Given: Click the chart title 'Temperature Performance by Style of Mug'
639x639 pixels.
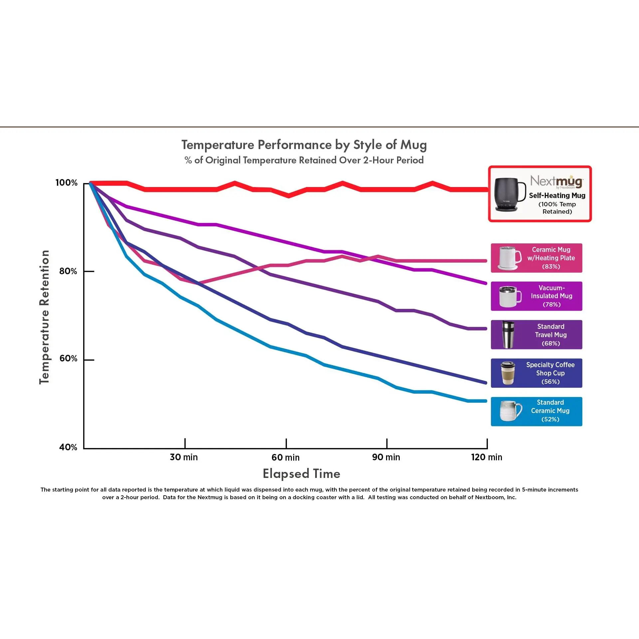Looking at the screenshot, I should [304, 145].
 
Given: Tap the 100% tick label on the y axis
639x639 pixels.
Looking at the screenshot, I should [66, 183].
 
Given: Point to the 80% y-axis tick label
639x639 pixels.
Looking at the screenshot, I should [68, 271].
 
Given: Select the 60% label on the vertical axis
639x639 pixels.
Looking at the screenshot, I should [68, 358].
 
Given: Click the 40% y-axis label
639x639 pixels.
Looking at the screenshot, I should [68, 447].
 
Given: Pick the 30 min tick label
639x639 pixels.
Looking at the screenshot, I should [184, 457].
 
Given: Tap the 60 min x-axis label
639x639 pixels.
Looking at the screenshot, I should [286, 457].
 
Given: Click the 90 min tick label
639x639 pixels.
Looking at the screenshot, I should [386, 457].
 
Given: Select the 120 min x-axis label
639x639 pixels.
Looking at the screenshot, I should [487, 457].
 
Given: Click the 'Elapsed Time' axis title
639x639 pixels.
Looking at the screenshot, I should [302, 474].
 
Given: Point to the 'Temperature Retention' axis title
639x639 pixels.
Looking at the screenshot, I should [44, 317].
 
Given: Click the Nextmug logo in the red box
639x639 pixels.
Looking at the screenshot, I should [556, 181].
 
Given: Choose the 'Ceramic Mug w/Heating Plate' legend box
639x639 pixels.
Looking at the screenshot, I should [536, 258].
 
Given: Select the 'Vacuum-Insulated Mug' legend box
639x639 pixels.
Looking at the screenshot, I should [536, 296].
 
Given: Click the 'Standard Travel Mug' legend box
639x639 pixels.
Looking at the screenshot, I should [536, 334].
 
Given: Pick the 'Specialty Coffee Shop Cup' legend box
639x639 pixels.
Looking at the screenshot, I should [536, 373].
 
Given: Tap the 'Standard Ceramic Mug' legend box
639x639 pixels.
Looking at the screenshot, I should [536, 411].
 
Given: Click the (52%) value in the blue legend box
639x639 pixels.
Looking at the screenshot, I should [550, 419].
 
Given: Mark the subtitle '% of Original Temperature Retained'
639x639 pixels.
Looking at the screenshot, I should [304, 160].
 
